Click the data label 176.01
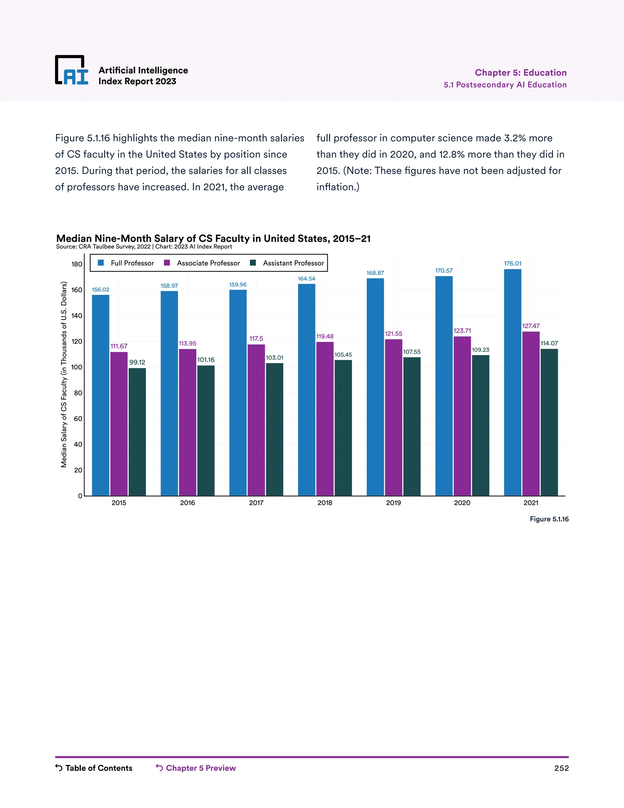512,263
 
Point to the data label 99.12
137,362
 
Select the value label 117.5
256,338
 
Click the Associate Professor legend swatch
167,263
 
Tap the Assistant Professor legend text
293,263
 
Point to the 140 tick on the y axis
77,316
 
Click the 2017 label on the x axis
256,503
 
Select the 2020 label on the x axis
462,503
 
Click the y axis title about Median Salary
64,374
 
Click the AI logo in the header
72,70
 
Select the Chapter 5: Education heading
520,73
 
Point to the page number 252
561,768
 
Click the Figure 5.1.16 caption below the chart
549,519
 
